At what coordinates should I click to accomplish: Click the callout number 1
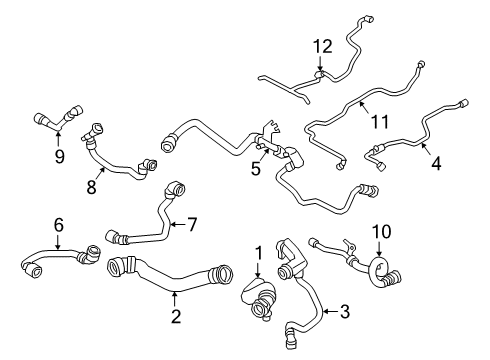[257, 253]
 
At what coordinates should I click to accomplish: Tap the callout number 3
[345, 313]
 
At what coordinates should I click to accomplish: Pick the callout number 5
[255, 169]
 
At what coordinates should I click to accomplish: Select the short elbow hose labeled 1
[258, 295]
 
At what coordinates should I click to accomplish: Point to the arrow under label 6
[58, 243]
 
